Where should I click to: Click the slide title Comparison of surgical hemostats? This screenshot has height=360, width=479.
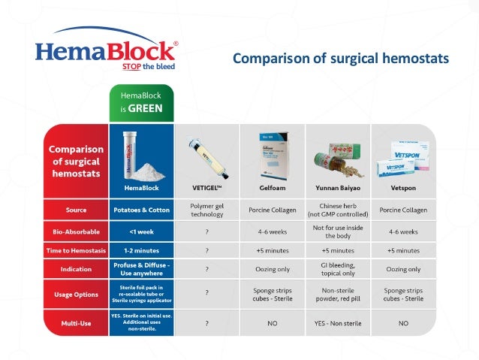pos(341,58)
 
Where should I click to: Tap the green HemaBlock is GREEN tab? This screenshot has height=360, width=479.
pos(141,102)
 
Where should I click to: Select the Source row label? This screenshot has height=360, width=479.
pos(75,210)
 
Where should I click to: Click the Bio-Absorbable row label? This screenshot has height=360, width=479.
pos(75,231)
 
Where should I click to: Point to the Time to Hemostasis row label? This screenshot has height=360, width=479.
pos(75,250)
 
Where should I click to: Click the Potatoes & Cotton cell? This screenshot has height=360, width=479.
pos(142,210)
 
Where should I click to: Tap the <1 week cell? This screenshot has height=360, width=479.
pos(142,231)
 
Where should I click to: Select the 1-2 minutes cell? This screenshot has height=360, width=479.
pos(142,250)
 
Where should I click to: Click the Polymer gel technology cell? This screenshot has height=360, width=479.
pos(206,209)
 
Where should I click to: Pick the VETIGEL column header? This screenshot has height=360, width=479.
pos(206,186)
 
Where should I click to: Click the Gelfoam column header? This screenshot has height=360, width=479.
pos(272,186)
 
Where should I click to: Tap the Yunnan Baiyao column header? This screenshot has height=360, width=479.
pos(338,186)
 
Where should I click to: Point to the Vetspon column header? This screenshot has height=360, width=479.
pos(404,186)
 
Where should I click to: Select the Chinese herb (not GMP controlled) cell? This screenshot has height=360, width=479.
pos(338,209)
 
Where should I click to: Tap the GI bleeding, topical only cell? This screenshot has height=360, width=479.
pos(338,268)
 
